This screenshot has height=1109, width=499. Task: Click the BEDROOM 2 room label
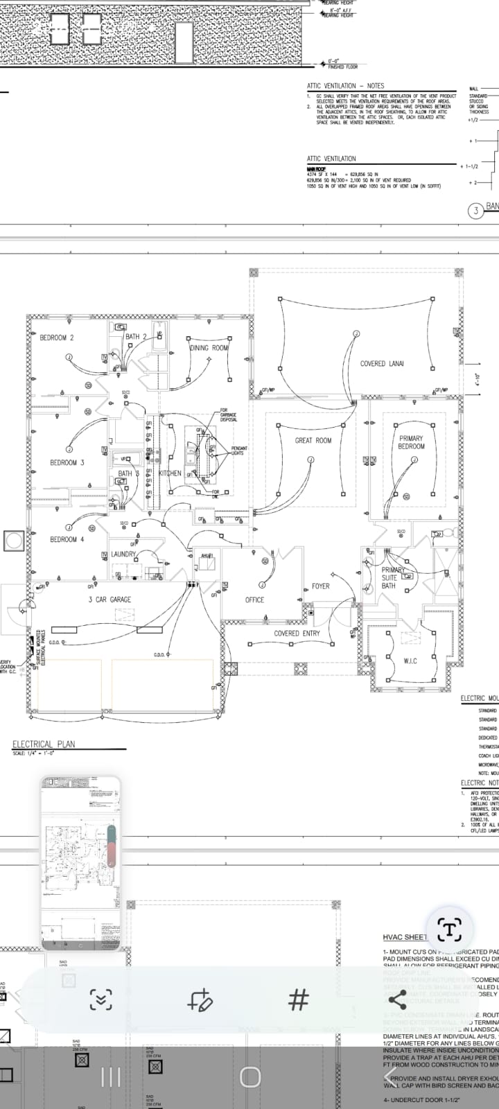56,338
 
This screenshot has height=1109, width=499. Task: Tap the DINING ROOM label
209,348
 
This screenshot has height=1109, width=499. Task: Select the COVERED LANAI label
381,363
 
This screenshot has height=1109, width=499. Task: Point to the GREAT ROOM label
313,440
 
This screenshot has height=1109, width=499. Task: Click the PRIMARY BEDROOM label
411,442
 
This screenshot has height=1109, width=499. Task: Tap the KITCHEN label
170,473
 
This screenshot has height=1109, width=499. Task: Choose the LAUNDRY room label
123,554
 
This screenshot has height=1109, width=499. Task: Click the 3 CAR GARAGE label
110,600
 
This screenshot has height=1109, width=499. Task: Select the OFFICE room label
254,600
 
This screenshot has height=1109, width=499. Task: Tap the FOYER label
320,586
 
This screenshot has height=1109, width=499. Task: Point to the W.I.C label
410,661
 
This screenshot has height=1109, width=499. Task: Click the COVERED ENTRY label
297,633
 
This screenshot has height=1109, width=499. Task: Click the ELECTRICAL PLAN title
44,744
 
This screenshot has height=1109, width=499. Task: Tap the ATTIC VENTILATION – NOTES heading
345,86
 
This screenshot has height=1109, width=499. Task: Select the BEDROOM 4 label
67,539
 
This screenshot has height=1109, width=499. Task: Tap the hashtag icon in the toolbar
299,999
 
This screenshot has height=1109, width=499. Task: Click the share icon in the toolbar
397,999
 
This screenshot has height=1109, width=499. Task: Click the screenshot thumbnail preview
80,863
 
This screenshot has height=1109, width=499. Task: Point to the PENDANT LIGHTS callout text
238,451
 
